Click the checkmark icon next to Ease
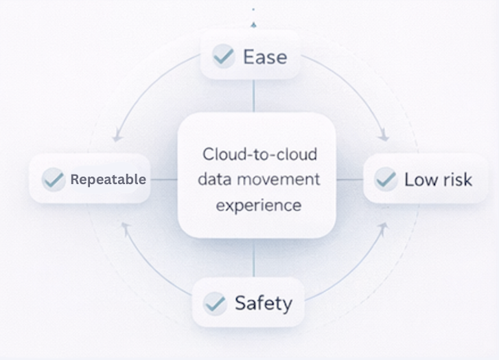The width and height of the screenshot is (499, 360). (223, 55)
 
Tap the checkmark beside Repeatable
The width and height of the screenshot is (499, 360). (53, 179)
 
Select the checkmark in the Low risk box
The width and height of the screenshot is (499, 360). (386, 179)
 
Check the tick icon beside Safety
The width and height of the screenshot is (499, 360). (216, 302)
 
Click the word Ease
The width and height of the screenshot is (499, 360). (264, 56)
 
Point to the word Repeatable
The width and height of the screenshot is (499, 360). (108, 180)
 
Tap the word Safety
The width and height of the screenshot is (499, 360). (263, 303)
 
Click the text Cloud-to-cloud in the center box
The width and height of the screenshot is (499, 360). (259, 155)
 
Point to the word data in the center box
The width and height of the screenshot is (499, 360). (213, 180)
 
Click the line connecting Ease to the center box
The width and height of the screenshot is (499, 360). (254, 95)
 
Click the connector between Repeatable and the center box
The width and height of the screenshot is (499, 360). (164, 180)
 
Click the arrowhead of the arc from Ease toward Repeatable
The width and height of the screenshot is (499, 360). (117, 137)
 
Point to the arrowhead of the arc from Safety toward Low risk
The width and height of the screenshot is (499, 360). (383, 225)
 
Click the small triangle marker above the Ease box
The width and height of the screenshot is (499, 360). (253, 25)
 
